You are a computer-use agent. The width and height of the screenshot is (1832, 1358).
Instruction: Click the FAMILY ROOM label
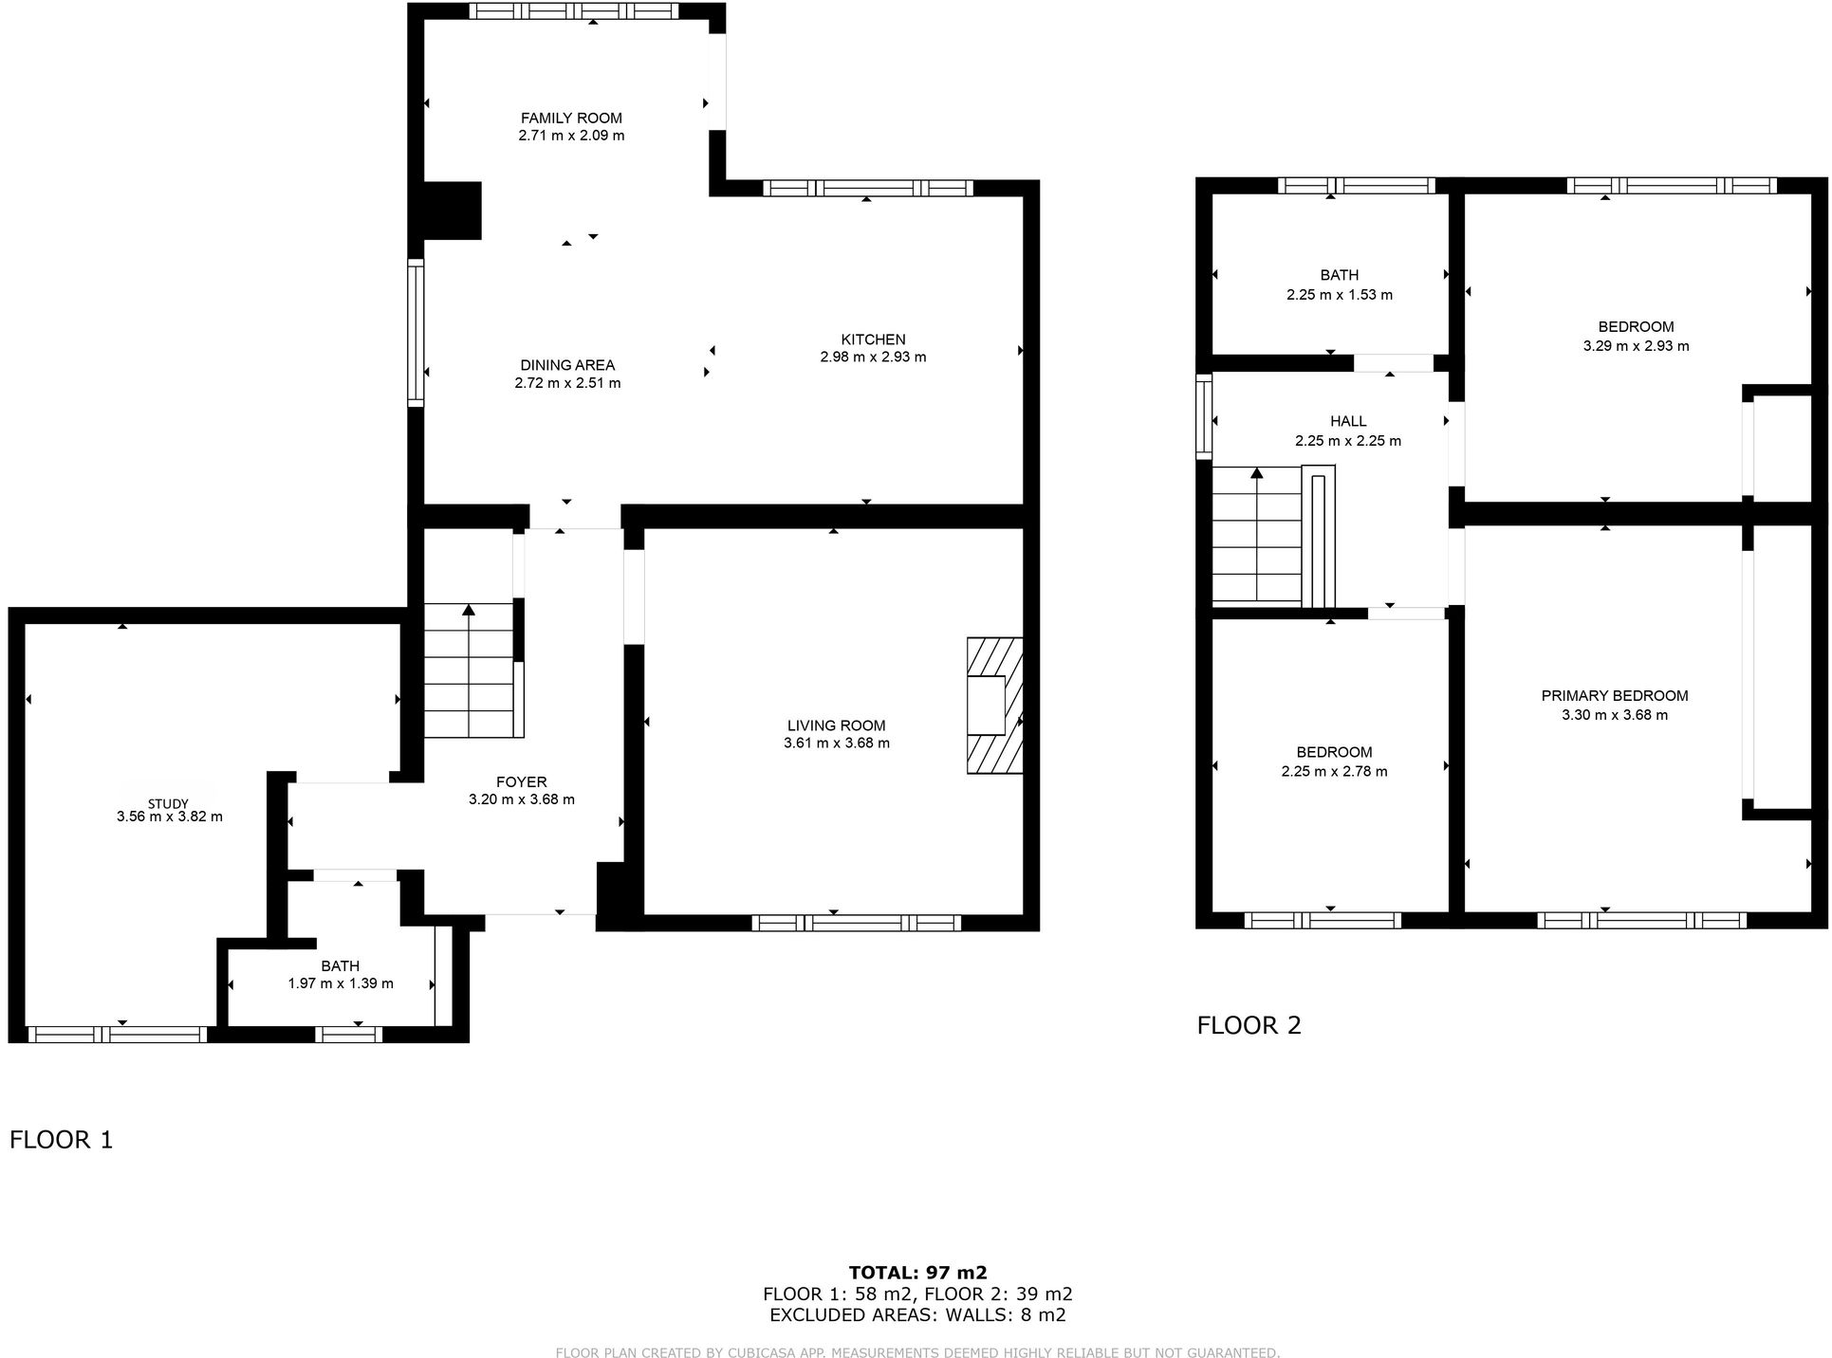(571, 118)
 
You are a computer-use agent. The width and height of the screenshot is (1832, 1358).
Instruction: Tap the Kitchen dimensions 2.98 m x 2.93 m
(873, 358)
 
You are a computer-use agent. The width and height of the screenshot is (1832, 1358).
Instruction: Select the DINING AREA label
(567, 365)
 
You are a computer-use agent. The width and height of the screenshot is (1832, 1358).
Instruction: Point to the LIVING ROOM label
(836, 725)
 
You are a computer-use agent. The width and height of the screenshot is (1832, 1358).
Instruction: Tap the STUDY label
(168, 803)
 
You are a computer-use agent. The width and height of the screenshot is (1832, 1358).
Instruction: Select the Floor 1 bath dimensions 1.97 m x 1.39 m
(341, 983)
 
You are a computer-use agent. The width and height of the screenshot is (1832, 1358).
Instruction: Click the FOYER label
(521, 782)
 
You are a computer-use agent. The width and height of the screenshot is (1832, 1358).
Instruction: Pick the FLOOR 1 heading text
(62, 1139)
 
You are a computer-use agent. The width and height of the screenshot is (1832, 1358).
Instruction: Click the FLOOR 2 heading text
(1249, 1025)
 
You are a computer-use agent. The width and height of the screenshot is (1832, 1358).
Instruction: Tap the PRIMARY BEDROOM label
(1614, 696)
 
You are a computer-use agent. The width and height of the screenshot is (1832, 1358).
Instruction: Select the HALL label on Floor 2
(1347, 421)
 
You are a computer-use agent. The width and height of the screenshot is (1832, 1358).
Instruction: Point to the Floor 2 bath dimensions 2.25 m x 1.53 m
(1339, 295)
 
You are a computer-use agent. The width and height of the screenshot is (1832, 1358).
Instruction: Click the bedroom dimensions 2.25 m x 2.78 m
(1333, 772)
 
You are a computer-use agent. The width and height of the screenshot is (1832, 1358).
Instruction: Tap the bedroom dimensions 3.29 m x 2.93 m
(1635, 346)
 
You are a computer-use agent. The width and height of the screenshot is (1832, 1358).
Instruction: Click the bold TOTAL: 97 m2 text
(916, 1273)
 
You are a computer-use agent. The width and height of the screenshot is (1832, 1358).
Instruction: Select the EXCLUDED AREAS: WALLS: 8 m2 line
(916, 1315)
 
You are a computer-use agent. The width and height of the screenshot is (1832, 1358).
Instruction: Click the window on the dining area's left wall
(415, 333)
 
